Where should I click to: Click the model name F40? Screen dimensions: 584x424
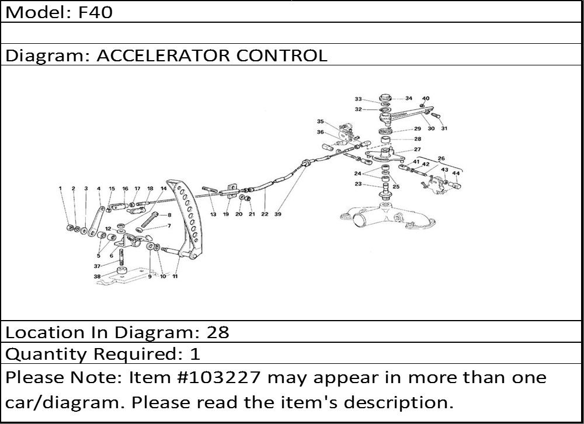pos(95,12)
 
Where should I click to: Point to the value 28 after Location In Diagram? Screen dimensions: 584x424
pos(218,332)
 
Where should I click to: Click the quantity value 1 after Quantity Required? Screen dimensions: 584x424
pos(195,353)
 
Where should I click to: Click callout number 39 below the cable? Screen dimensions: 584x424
pos(278,214)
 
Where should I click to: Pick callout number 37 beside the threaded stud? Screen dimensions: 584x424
pos(97,266)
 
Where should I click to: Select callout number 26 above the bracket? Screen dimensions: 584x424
pos(442,158)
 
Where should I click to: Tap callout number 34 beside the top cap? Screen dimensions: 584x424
pos(409,98)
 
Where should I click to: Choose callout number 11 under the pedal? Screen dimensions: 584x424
pos(175,276)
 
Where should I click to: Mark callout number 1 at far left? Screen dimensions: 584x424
pos(60,189)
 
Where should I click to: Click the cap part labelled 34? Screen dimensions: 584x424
pos(385,98)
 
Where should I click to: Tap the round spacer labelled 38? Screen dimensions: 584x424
pos(121,271)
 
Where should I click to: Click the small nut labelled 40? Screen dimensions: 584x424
pos(422,106)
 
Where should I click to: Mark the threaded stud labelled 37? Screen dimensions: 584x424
pos(121,257)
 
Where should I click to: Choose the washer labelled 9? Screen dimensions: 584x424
pos(151,246)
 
